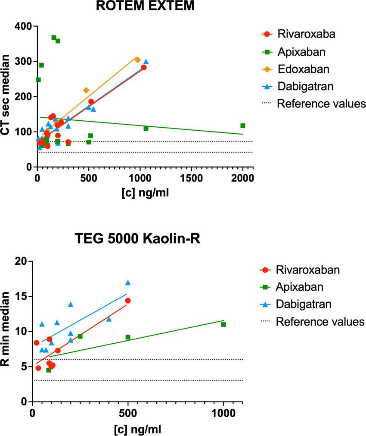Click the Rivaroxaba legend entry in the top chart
click(x=302, y=34)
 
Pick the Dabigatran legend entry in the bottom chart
click(x=304, y=304)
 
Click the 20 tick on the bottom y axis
click(x=20, y=261)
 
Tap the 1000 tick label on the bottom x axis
click(x=223, y=413)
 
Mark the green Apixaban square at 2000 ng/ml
click(x=243, y=125)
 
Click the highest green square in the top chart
click(x=54, y=38)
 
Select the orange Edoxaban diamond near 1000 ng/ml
click(x=138, y=60)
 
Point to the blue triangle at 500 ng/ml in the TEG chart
click(x=128, y=283)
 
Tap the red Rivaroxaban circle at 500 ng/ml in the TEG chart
click(x=128, y=301)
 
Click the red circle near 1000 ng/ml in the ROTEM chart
click(x=144, y=67)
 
